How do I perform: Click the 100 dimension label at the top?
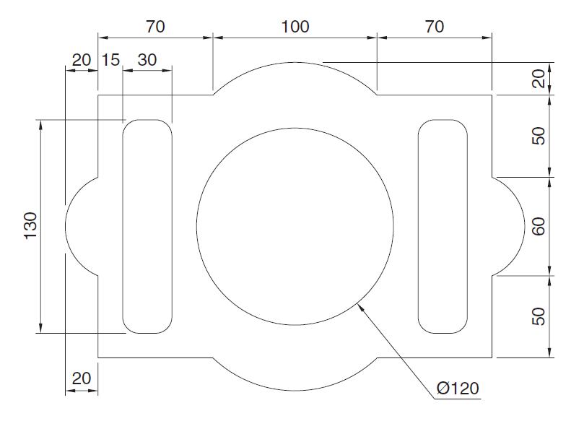pos(295,27)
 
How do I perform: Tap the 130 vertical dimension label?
pos(30,226)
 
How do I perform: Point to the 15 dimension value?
pos(110,60)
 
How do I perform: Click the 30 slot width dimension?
pos(147,60)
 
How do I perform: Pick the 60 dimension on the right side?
pos(539,226)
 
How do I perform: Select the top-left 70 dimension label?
pos(155,27)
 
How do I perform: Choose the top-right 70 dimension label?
pos(434,27)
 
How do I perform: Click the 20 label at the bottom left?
pos(82,378)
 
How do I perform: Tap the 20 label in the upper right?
pos(539,78)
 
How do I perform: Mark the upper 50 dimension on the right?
pos(539,136)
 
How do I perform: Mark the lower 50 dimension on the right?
pos(539,316)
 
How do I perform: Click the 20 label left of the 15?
pos(82,60)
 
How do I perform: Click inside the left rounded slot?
pos(147,226)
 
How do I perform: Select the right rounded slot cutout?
pos(443,226)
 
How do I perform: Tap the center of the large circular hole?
pos(295,226)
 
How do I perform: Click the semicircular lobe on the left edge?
pos(81,226)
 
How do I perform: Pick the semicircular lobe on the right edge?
pos(508,226)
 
